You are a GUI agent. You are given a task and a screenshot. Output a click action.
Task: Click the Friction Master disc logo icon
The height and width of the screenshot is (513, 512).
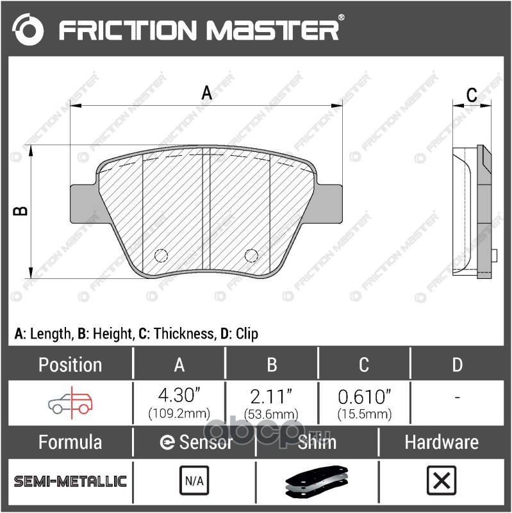[28, 29]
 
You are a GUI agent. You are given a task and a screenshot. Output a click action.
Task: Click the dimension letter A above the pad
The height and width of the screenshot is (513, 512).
[206, 92]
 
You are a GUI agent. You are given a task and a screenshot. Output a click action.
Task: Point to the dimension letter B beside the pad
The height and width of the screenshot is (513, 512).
[21, 211]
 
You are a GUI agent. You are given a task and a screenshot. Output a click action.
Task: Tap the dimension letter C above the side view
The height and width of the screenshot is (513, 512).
[472, 95]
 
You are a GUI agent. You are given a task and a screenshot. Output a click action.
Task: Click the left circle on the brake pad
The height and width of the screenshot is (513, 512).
[161, 255]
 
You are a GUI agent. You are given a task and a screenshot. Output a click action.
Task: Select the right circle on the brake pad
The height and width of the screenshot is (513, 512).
[251, 255]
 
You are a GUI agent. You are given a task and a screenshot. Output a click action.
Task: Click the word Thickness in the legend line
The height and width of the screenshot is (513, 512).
[184, 333]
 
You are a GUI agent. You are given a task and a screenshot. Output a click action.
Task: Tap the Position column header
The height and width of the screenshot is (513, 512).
[70, 364]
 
